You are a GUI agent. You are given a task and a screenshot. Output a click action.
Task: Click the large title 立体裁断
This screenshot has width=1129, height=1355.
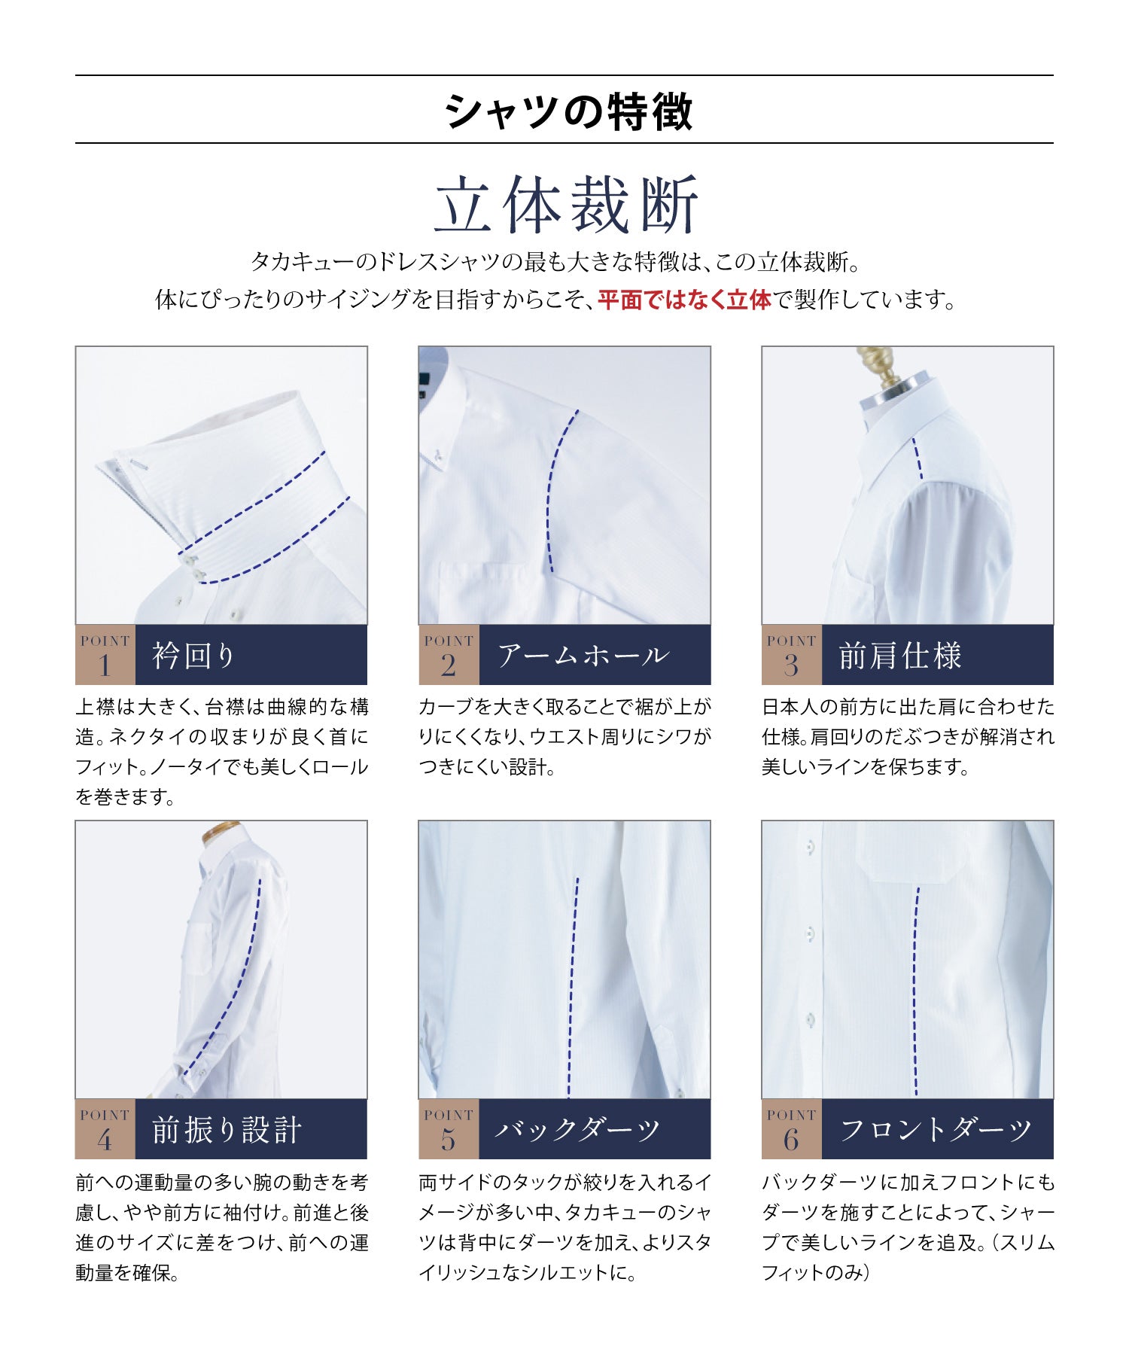[x=567, y=205]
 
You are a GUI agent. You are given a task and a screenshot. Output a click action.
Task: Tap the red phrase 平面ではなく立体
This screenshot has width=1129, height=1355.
[x=684, y=300]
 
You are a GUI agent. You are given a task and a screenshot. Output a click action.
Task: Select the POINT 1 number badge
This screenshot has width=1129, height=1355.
[x=105, y=655]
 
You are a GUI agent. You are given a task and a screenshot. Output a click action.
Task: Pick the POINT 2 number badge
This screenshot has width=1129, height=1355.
[x=449, y=655]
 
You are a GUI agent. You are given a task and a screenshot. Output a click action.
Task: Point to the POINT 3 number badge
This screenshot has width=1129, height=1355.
[x=791, y=655]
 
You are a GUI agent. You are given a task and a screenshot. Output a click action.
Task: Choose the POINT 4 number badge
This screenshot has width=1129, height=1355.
[x=105, y=1129]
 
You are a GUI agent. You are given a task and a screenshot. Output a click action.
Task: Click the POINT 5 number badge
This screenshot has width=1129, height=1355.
[x=449, y=1129]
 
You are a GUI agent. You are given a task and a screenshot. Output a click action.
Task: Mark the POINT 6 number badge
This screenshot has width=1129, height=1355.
[x=791, y=1129]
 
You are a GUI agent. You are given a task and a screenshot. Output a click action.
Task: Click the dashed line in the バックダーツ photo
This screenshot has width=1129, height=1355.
[x=573, y=986]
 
